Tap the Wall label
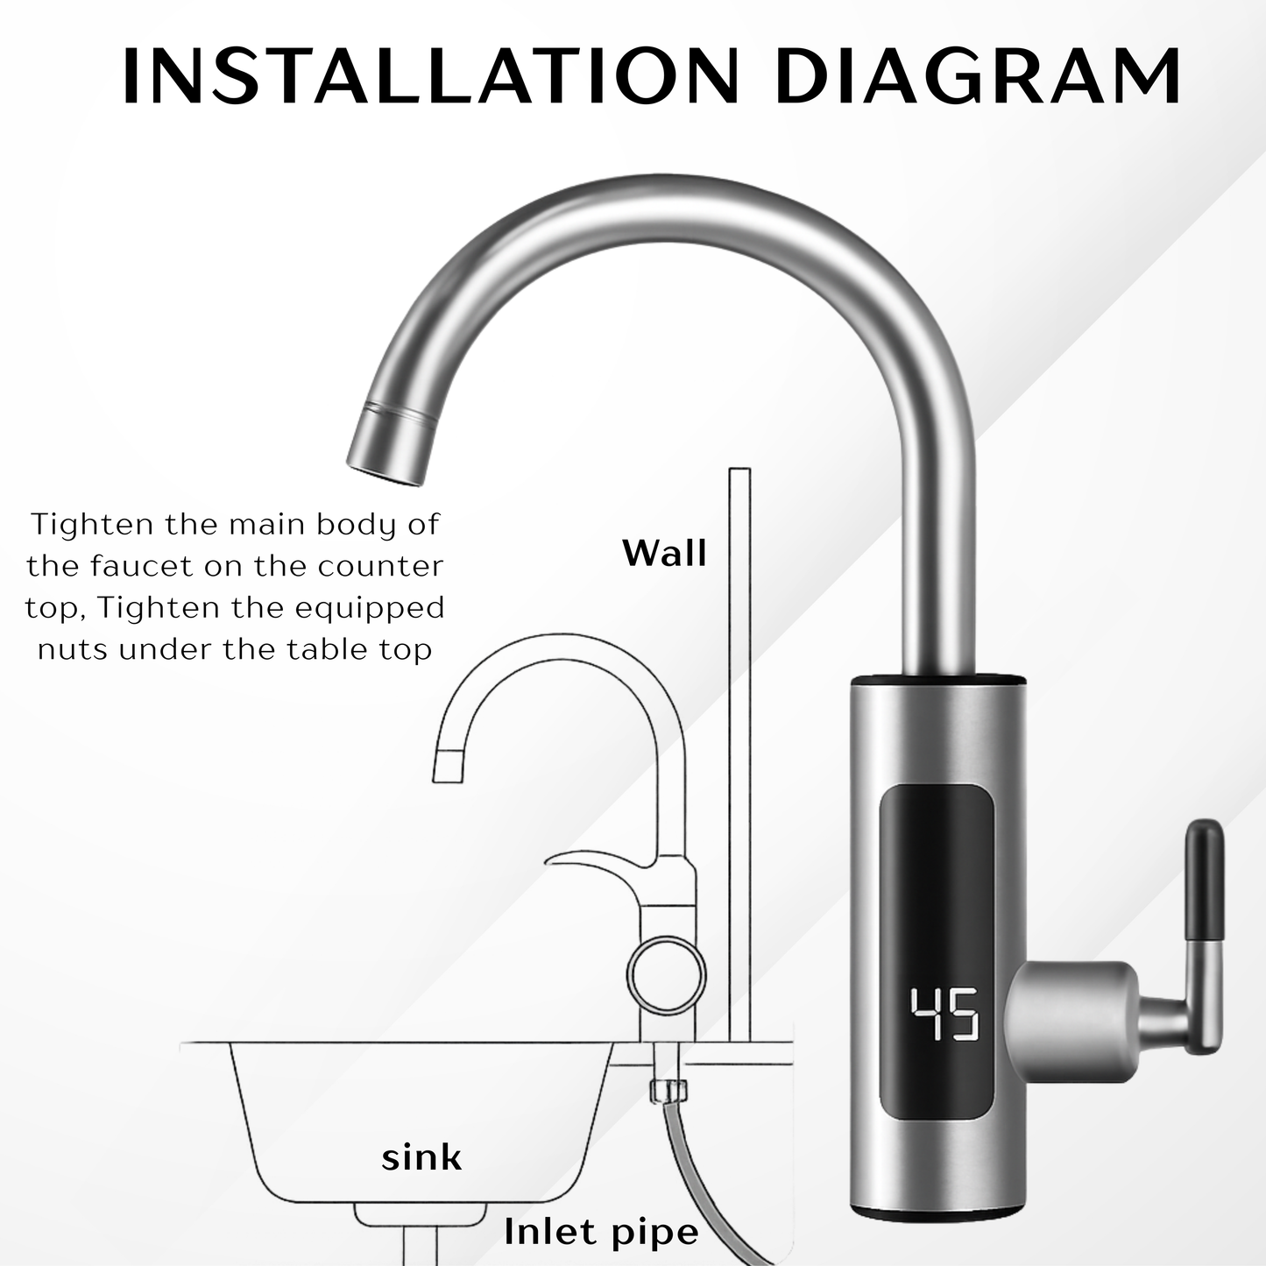click(664, 553)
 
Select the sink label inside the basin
click(421, 1157)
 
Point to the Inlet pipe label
click(601, 1232)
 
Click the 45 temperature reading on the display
click(944, 1015)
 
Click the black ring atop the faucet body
click(936, 679)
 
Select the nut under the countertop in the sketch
click(668, 1091)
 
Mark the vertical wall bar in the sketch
click(739, 753)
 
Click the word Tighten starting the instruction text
click(80, 524)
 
